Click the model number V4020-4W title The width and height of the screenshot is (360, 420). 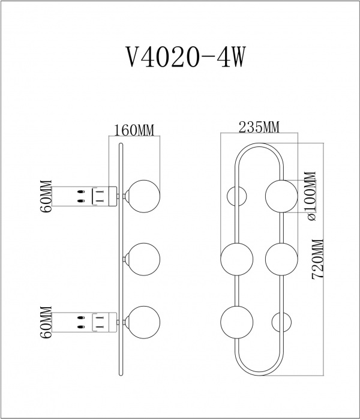click(x=185, y=57)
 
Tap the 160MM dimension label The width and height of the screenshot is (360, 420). click(x=134, y=130)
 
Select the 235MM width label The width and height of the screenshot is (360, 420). click(x=259, y=127)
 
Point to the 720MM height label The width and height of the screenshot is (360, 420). click(x=318, y=259)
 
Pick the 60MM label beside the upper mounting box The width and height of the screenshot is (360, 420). click(x=46, y=196)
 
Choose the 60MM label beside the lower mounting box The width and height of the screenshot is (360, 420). click(x=46, y=322)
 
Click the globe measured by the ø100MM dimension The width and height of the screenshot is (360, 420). click(x=281, y=196)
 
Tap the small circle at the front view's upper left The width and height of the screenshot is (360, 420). click(x=237, y=196)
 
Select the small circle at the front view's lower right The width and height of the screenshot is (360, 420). click(x=281, y=322)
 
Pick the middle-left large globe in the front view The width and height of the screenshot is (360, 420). click(x=237, y=259)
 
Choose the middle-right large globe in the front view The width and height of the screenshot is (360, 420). click(x=281, y=259)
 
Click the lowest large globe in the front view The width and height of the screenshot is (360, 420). click(x=237, y=322)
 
